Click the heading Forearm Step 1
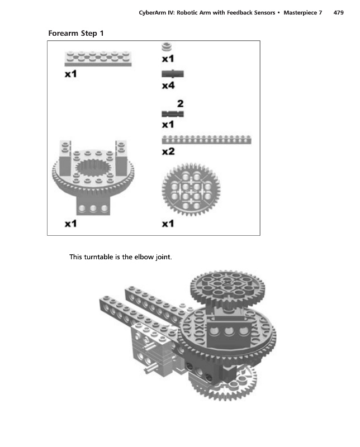pos(76,34)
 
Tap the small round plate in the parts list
pos(167,47)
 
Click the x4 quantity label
pos(168,85)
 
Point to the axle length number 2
pos(181,103)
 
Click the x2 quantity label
pos(168,151)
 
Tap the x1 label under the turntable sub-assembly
pos(70,224)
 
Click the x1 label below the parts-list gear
pos(168,224)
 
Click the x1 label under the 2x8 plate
pos(70,74)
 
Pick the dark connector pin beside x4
pos(173,74)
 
